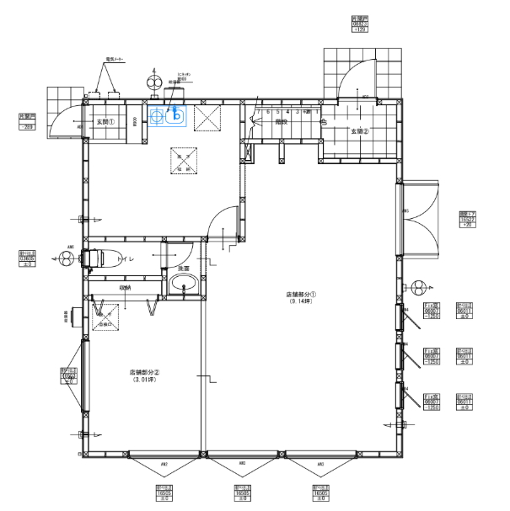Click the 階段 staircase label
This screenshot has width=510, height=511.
(x=282, y=122)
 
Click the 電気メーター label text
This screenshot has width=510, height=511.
(x=115, y=61)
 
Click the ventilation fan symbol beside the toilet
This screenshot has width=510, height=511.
(x=69, y=259)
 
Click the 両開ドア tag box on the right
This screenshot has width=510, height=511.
(x=466, y=220)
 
